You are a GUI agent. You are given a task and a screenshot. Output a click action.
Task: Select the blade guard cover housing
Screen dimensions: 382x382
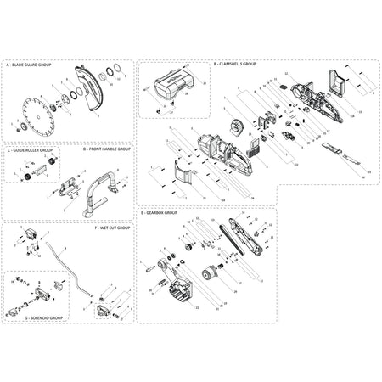(85, 89)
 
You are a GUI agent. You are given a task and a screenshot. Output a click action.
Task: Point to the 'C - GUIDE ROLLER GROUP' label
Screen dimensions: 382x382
(33, 149)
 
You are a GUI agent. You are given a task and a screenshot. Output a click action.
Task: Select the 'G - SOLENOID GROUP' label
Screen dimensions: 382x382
(43, 317)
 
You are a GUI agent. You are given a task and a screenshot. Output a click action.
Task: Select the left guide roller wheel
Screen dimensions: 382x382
(26, 175)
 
